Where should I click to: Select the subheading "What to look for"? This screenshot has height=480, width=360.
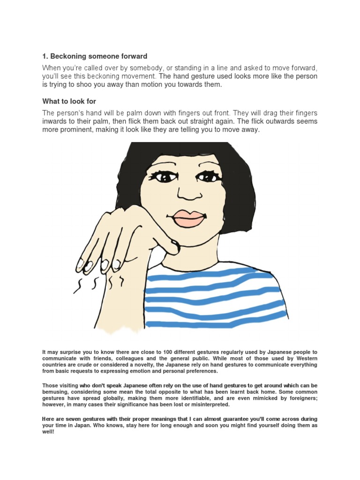click(69, 101)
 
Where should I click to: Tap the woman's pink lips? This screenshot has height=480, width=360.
click(189, 217)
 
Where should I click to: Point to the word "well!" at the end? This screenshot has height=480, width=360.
click(48, 432)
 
